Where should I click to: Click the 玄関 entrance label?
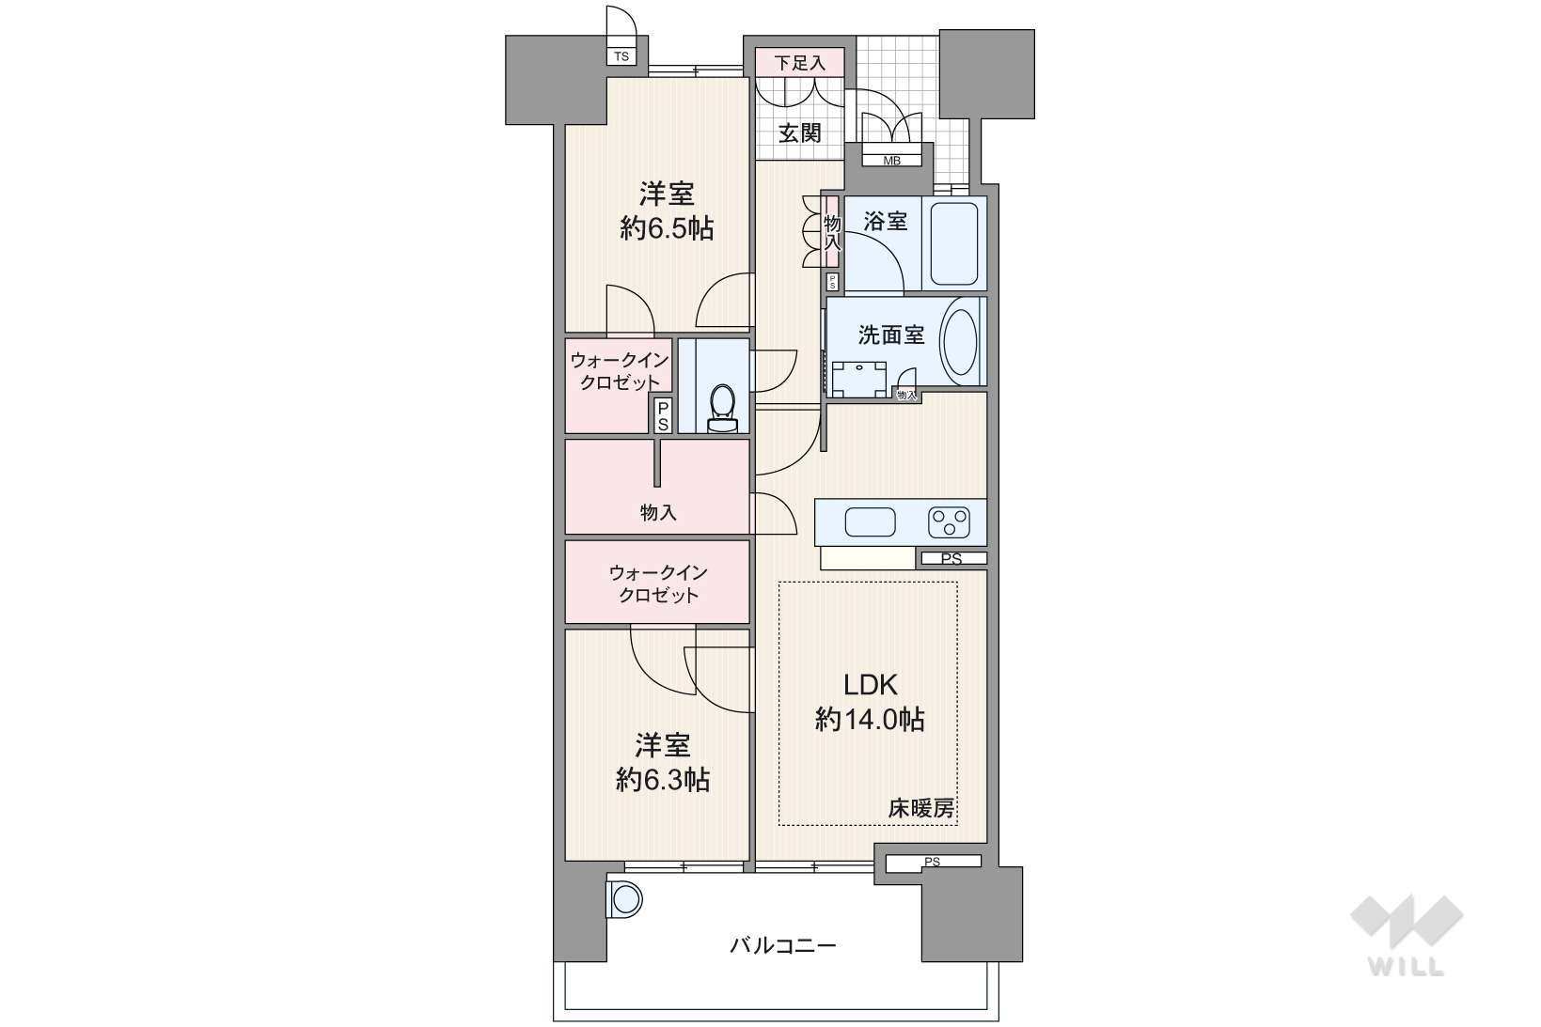pyautogui.click(x=799, y=132)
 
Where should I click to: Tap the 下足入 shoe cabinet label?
pyautogui.click(x=799, y=63)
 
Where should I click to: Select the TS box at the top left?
pyautogui.click(x=621, y=56)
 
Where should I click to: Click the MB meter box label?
pyautogui.click(x=891, y=161)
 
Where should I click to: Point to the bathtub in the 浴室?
pyautogui.click(x=954, y=243)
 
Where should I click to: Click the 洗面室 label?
pyautogui.click(x=891, y=335)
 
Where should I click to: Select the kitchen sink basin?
pyautogui.click(x=871, y=521)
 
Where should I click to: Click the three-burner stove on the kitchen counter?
pyautogui.click(x=949, y=521)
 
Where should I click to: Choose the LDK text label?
pyautogui.click(x=871, y=684)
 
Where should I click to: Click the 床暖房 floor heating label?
pyautogui.click(x=921, y=808)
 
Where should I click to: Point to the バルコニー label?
pyautogui.click(x=783, y=946)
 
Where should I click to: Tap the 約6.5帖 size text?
pyautogui.click(x=666, y=228)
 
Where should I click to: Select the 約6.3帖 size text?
pyautogui.click(x=662, y=780)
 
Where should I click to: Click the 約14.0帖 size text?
pyautogui.click(x=870, y=720)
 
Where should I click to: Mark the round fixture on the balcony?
pyautogui.click(x=624, y=899)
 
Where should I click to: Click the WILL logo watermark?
pyautogui.click(x=1407, y=934)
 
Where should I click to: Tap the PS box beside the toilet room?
pyautogui.click(x=663, y=415)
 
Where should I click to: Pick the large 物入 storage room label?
pyautogui.click(x=658, y=512)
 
